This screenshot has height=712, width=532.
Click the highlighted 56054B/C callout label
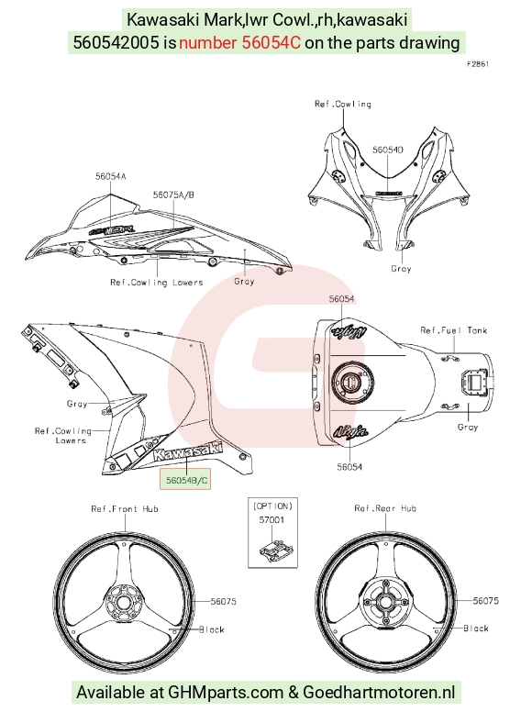[185, 480]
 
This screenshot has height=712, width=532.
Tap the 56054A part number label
[110, 176]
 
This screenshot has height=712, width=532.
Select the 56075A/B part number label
[173, 195]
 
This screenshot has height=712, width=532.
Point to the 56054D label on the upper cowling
[388, 150]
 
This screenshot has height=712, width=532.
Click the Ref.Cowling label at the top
[343, 104]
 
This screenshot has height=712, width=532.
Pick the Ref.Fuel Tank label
[453, 330]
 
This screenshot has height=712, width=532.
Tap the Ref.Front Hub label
[125, 508]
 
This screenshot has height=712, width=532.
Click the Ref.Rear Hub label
[385, 508]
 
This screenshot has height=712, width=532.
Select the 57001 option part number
[272, 519]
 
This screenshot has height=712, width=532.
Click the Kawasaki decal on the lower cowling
[187, 450]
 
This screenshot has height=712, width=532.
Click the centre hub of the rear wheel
[385, 603]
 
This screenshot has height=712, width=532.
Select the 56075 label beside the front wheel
[223, 601]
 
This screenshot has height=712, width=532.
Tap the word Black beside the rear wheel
[476, 628]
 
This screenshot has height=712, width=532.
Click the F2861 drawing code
[478, 64]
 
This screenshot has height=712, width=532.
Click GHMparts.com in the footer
[226, 692]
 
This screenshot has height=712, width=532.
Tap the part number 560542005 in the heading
[116, 43]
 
